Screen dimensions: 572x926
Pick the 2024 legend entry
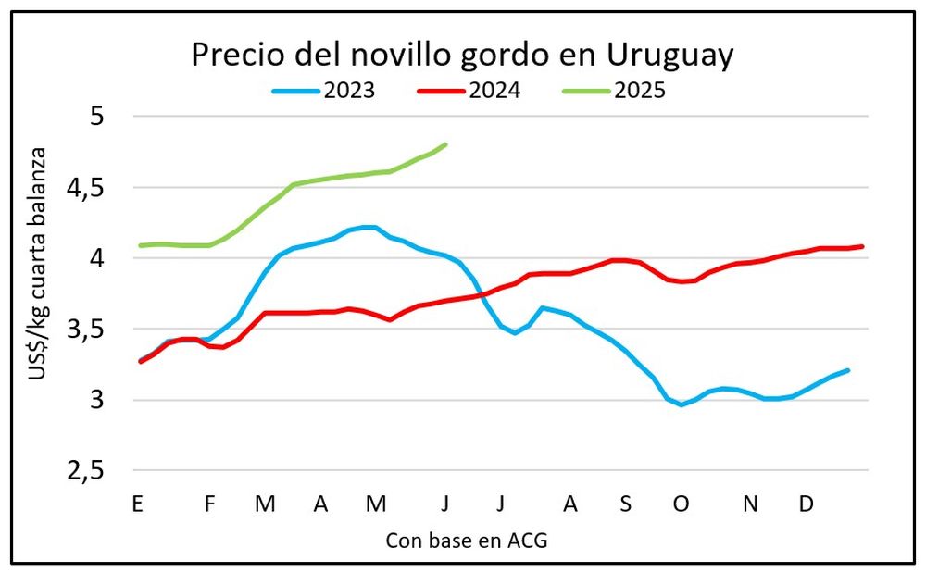point(472,91)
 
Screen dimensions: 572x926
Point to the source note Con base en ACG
point(467,541)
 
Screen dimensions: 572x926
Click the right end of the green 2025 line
point(446,144)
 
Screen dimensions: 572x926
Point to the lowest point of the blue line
point(682,404)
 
